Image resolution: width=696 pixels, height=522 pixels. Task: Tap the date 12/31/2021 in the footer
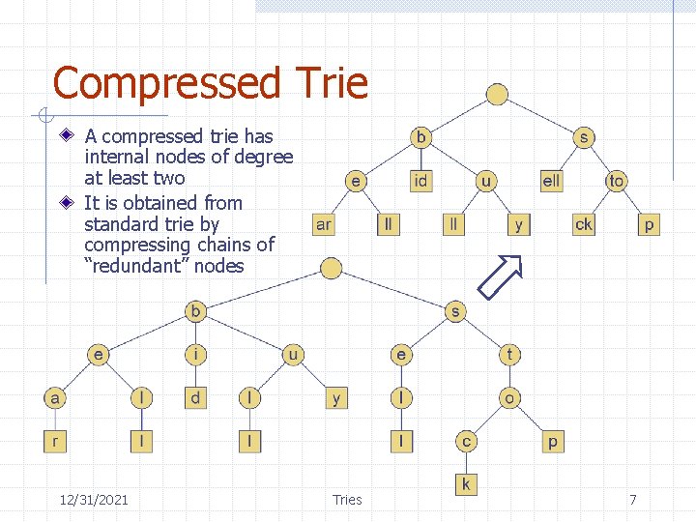click(x=94, y=499)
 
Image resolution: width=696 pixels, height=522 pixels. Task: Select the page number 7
click(x=633, y=499)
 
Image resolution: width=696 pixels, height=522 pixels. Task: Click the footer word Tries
click(x=347, y=499)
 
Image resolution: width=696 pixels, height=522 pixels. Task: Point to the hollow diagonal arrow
click(x=501, y=277)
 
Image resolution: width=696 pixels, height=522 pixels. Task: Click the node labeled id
click(x=421, y=181)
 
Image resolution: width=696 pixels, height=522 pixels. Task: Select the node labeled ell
click(x=551, y=181)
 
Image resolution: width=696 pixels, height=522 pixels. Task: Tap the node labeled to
click(x=616, y=181)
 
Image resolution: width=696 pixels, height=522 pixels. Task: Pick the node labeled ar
click(x=324, y=224)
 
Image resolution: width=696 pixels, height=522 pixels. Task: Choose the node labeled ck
click(x=584, y=224)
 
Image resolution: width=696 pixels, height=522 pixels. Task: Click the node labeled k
click(x=466, y=482)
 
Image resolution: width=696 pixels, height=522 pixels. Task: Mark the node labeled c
click(x=466, y=442)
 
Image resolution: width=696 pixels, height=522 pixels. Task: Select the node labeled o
click(x=509, y=397)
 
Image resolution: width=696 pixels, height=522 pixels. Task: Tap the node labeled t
click(x=509, y=355)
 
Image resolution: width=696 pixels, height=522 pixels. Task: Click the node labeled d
click(x=196, y=397)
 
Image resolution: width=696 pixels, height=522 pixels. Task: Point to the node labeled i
click(x=196, y=355)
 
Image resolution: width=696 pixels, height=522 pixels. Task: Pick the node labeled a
click(x=55, y=397)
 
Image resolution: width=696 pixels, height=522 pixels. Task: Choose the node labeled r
click(x=55, y=442)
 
